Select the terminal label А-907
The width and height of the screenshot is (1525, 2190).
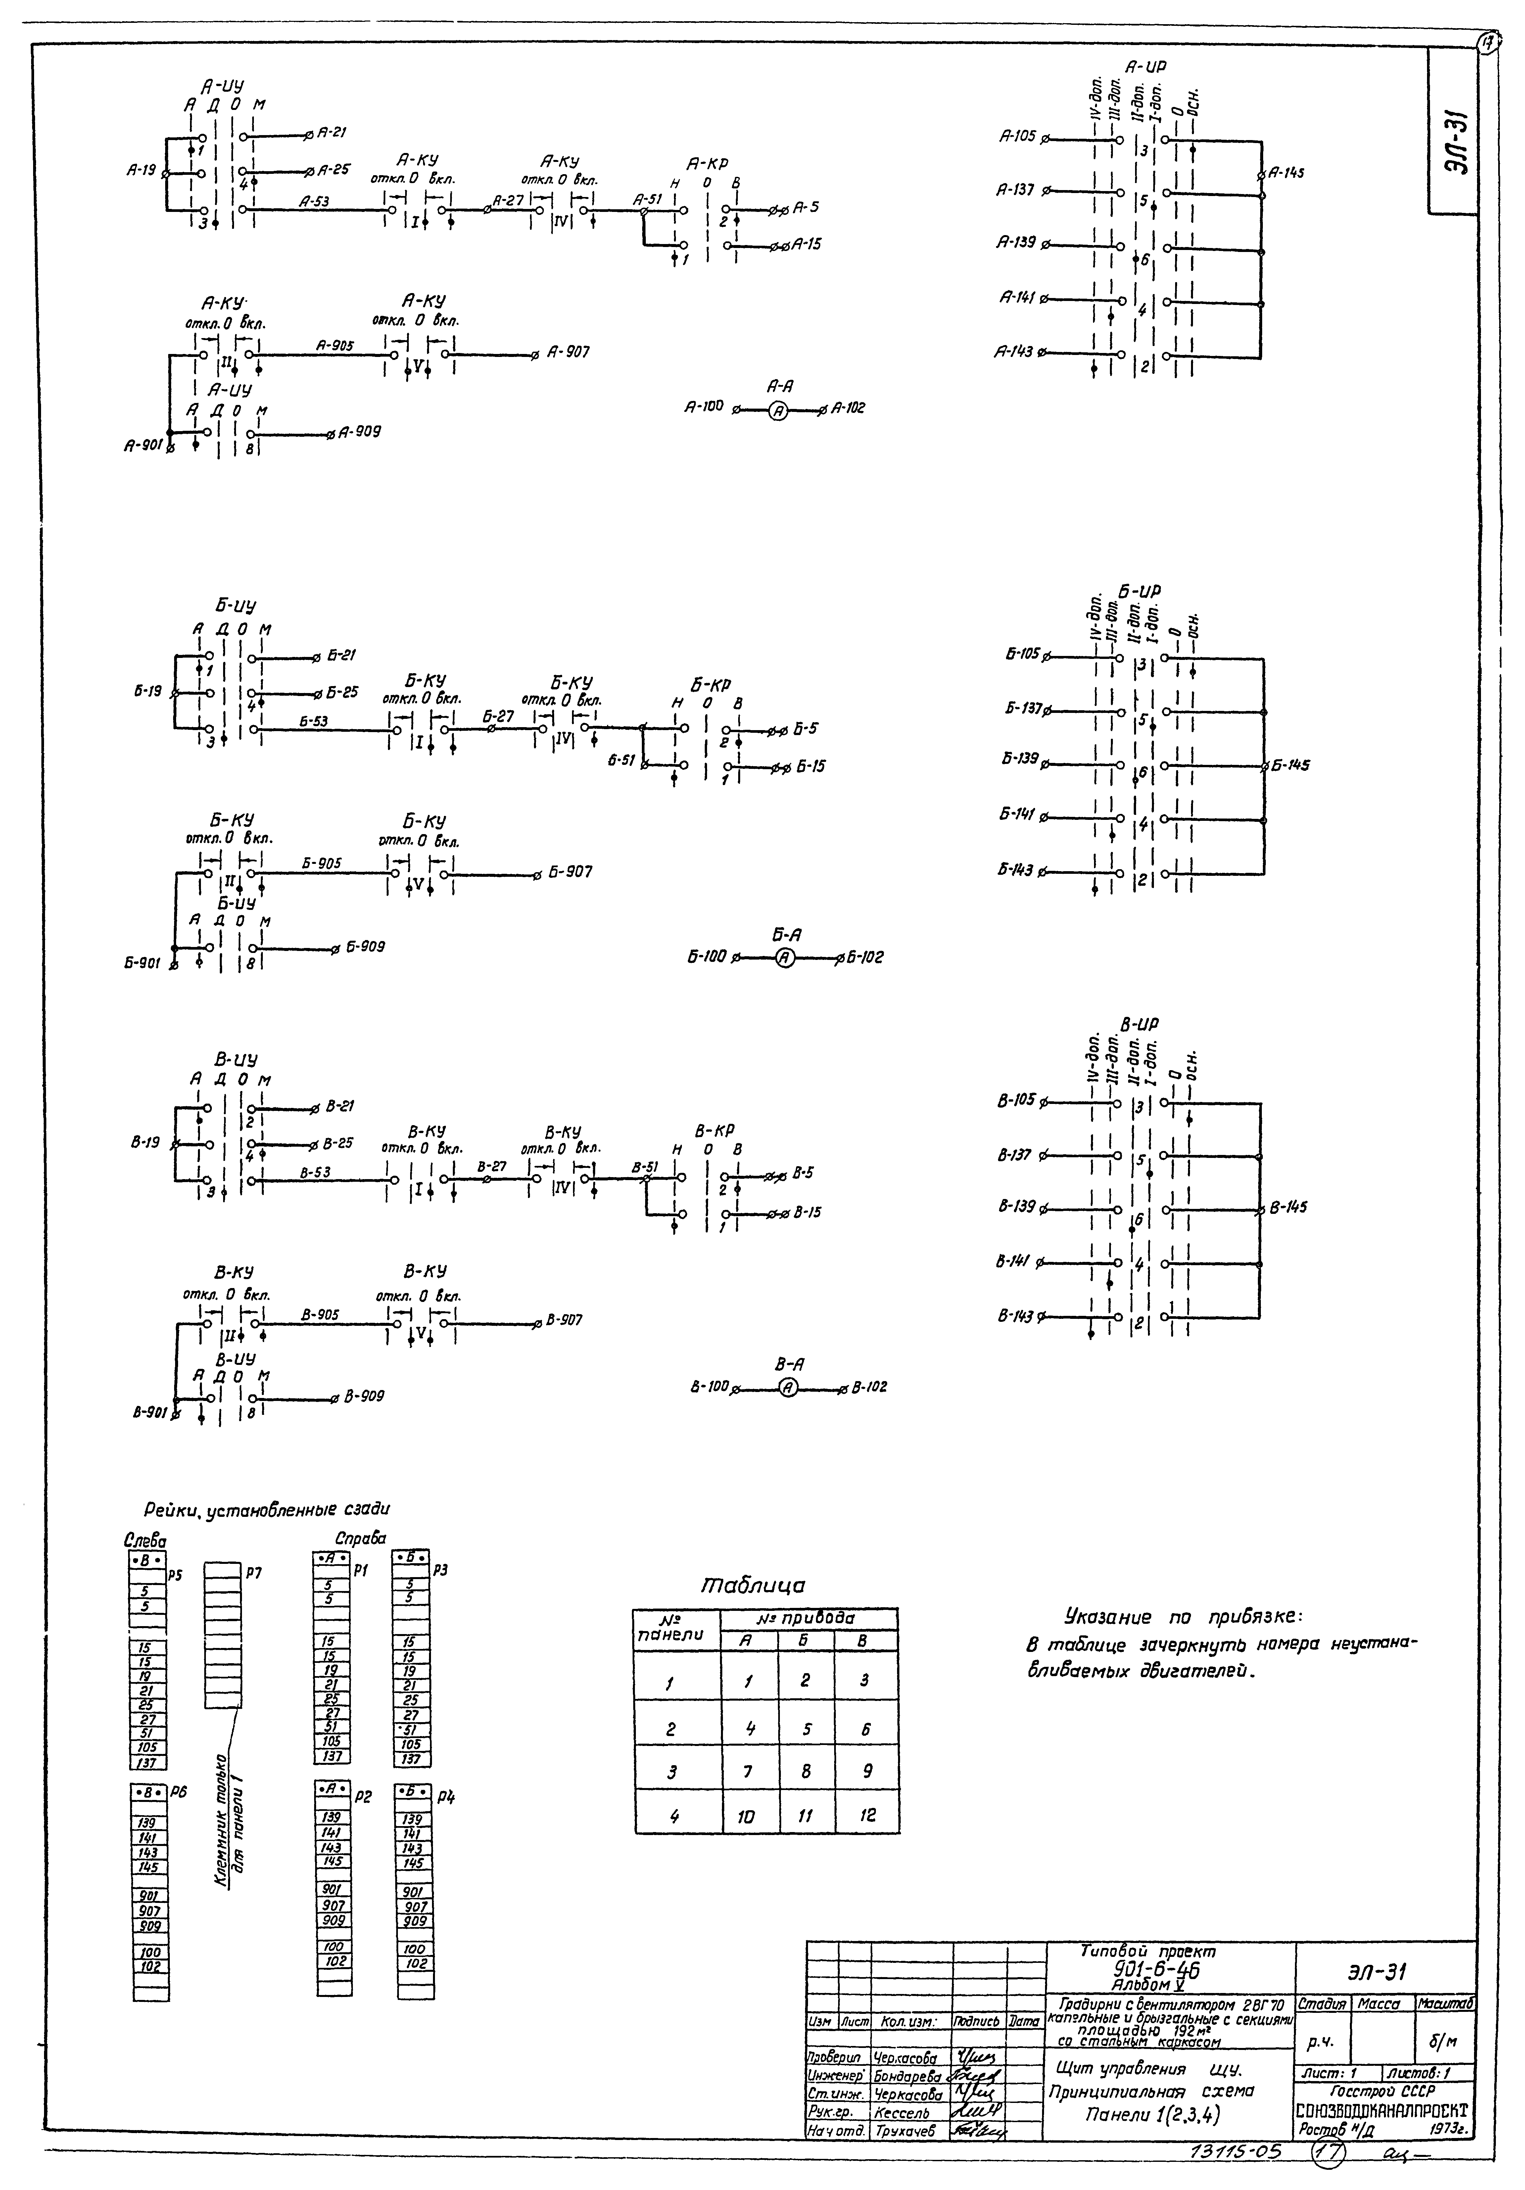(x=568, y=352)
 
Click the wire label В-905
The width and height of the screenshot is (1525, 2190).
(x=319, y=1315)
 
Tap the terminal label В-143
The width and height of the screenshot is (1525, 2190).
(x=1016, y=1316)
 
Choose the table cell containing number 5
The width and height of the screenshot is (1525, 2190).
(x=806, y=1728)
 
